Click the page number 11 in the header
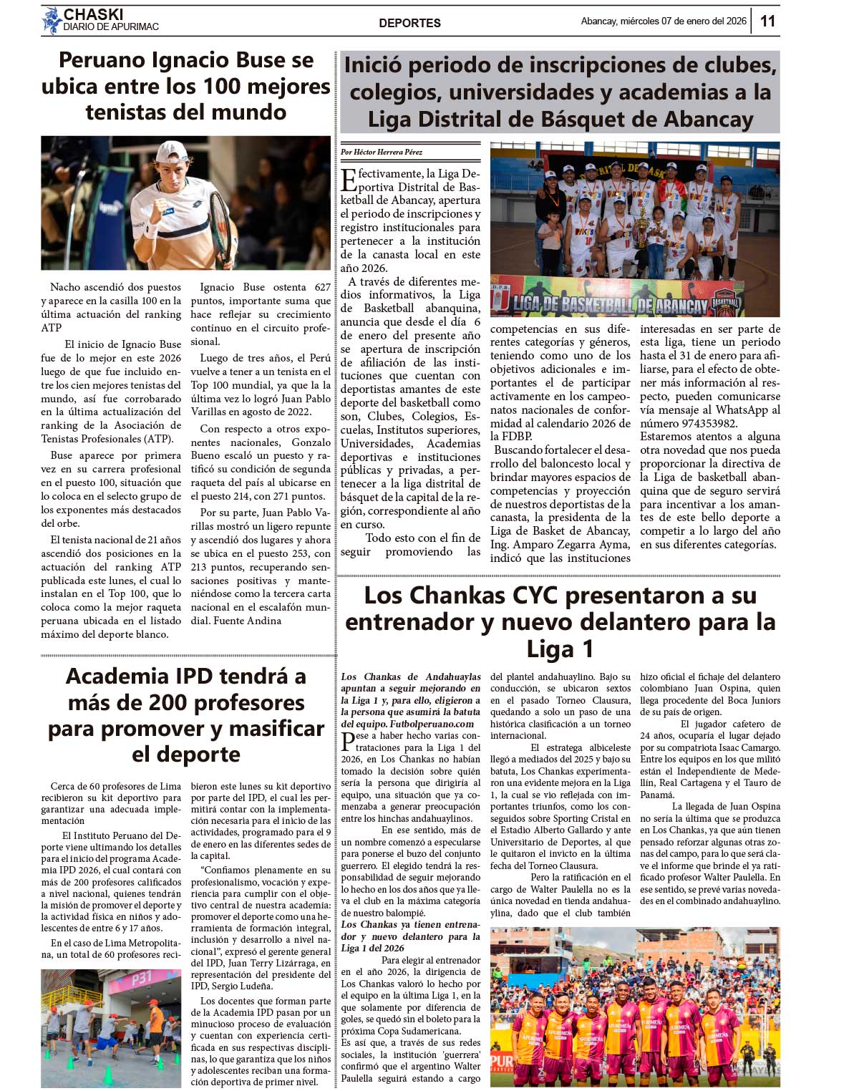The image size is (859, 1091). [x=767, y=21]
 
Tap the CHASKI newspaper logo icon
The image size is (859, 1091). [x=52, y=21]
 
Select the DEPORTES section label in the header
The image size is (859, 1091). [x=409, y=23]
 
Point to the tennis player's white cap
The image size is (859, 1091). [x=172, y=152]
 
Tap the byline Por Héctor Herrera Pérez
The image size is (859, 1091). [x=382, y=152]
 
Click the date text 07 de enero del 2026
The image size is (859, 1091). [x=704, y=21]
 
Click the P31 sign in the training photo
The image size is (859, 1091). [x=141, y=977]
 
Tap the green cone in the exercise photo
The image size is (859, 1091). [x=109, y=1075]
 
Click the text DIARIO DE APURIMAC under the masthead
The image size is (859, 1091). [x=111, y=27]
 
